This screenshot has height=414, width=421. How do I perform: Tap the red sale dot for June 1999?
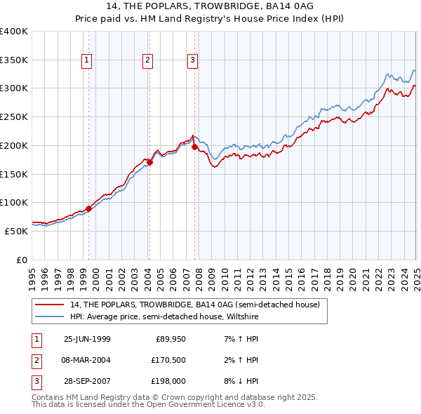click(x=89, y=208)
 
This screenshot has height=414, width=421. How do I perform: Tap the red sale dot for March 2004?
click(x=149, y=162)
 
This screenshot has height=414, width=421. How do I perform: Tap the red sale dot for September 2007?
click(x=194, y=147)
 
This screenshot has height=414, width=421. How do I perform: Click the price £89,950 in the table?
click(x=170, y=339)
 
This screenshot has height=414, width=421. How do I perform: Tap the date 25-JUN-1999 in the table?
click(x=87, y=339)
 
